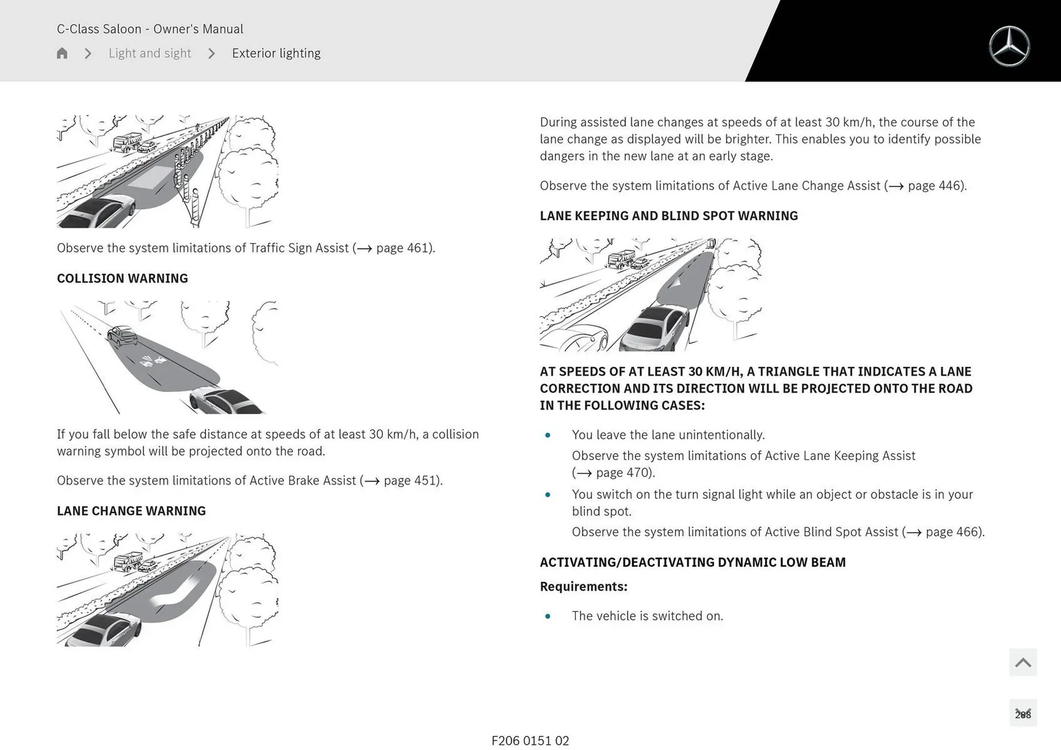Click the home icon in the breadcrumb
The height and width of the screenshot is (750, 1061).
coord(62,53)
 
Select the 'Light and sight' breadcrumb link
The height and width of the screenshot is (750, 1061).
coord(149,53)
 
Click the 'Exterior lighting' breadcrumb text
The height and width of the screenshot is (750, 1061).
coord(276,53)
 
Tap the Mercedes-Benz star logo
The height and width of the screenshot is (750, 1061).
coord(1009,46)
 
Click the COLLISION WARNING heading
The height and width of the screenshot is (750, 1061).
coord(122,278)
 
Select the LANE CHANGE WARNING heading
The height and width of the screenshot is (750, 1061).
coord(131,511)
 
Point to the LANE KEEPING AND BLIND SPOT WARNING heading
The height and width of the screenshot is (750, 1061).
coord(669,216)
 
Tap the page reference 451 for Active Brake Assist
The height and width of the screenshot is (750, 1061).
coord(412,480)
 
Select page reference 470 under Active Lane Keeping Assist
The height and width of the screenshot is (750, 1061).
coord(624,473)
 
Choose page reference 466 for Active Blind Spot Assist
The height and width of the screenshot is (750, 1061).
coord(954,532)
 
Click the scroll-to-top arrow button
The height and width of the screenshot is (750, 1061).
coord(1023,662)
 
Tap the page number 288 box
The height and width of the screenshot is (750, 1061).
coord(1023,714)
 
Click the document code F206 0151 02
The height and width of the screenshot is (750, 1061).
coord(530,741)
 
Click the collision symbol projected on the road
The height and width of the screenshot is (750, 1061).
coord(154,361)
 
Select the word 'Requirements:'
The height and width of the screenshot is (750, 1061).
coord(584,587)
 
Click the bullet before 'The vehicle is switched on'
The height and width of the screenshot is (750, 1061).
coord(548,616)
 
